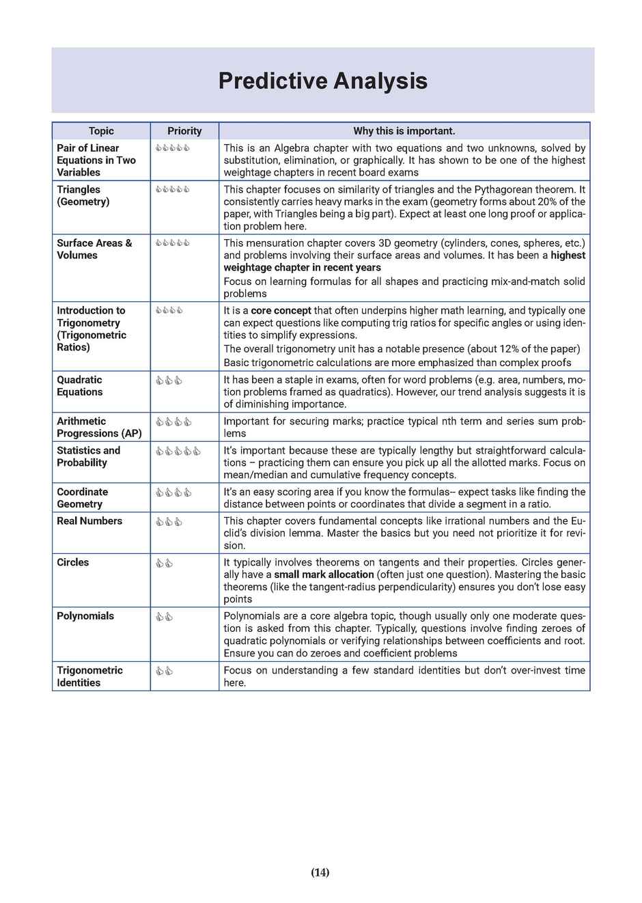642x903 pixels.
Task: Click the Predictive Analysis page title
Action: [322, 81]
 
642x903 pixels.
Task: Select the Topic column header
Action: [101, 131]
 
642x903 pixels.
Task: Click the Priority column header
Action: [184, 131]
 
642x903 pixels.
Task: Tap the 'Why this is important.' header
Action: [404, 131]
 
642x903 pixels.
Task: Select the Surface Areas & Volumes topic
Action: [94, 249]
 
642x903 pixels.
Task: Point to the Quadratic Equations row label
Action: [79, 386]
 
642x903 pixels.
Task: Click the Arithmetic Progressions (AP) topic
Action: [99, 428]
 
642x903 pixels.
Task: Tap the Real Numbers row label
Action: [89, 521]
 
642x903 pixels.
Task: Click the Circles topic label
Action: [72, 563]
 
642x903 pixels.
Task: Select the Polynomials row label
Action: [85, 616]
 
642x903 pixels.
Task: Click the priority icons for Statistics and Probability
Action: [178, 451]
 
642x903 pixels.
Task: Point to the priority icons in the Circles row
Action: [164, 564]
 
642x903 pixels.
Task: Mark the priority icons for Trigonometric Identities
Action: [164, 671]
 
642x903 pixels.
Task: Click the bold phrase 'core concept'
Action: [281, 311]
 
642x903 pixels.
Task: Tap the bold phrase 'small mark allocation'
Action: [324, 575]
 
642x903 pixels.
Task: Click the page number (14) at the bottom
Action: [320, 872]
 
